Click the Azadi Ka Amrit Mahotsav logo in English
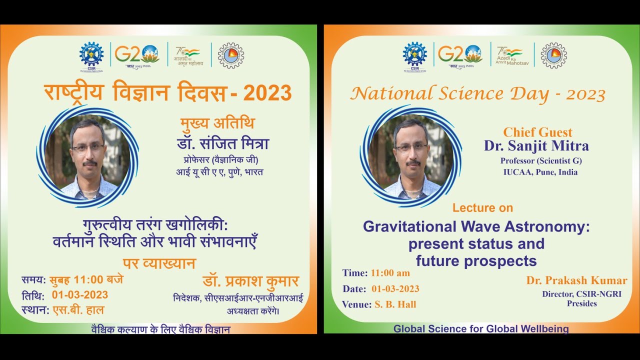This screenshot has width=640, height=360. pos(509,54)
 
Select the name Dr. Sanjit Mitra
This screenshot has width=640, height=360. pos(536,145)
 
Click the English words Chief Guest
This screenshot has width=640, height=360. pos(537,132)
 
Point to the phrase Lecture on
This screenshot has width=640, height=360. pos(482,207)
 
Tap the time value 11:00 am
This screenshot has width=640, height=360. pos(390,273)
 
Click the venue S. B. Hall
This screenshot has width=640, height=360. pos(395,304)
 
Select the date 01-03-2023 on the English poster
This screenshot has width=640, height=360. pos(395,288)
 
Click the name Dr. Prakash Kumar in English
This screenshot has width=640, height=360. pos(576,280)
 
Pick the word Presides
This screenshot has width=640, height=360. pos(581,303)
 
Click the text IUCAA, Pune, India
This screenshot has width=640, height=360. pos(540,172)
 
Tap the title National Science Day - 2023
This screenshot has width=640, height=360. pos(477,94)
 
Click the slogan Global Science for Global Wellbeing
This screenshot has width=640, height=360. pos(481,329)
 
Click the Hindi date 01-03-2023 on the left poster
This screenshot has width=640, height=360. pos(80,294)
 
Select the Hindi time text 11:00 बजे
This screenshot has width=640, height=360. pos(98,279)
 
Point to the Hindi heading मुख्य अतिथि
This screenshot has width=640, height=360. pos(217,123)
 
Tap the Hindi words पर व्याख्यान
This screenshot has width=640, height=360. pos(159,263)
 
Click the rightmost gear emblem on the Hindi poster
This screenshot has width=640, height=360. pos(231,55)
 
